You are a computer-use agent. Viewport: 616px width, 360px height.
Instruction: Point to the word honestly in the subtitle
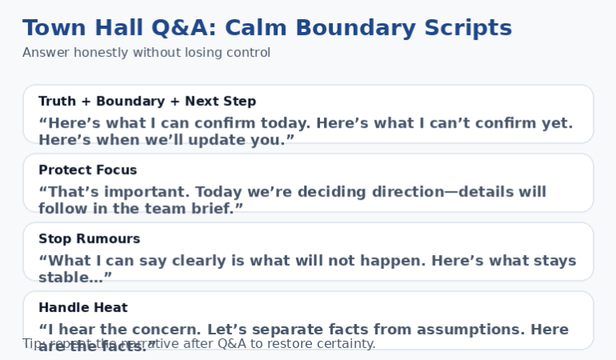tap(99, 53)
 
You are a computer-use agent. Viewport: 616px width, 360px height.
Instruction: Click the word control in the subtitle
tap(247, 53)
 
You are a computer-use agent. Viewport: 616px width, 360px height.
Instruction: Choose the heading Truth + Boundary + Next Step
tap(147, 101)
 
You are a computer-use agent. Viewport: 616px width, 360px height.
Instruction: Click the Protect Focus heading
tap(87, 170)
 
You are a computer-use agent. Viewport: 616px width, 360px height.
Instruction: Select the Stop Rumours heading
tap(89, 239)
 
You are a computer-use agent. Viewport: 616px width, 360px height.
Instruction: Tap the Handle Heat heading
tap(83, 308)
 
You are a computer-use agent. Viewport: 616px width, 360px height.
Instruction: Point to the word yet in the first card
tap(556, 123)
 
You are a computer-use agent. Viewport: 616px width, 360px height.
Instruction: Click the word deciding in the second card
tap(364, 192)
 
